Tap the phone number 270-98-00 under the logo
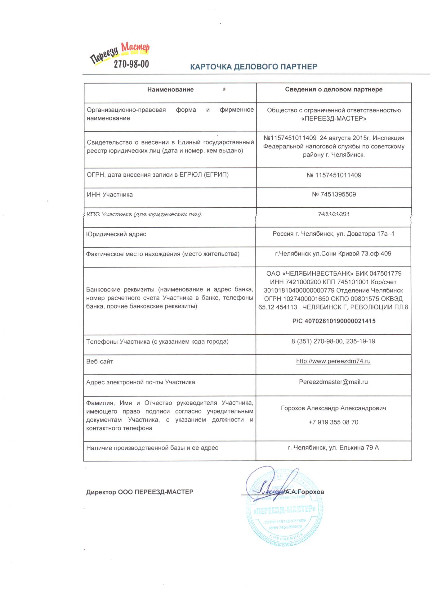(131, 64)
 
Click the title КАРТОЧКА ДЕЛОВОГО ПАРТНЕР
(253, 67)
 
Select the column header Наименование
(170, 90)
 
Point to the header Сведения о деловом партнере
(334, 90)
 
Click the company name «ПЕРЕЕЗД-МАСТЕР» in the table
(334, 119)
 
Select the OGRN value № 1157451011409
(334, 175)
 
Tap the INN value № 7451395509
(334, 195)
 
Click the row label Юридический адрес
(116, 234)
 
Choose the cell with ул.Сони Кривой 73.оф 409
(333, 254)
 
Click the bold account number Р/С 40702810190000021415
(334, 321)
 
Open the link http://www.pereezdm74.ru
(333, 361)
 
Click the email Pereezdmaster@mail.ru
(333, 382)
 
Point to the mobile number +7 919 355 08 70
(333, 422)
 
